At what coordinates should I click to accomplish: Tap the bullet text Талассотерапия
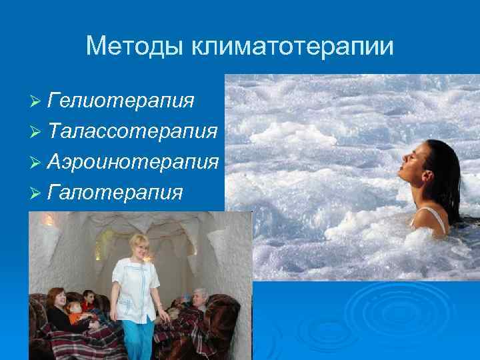[133, 131]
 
